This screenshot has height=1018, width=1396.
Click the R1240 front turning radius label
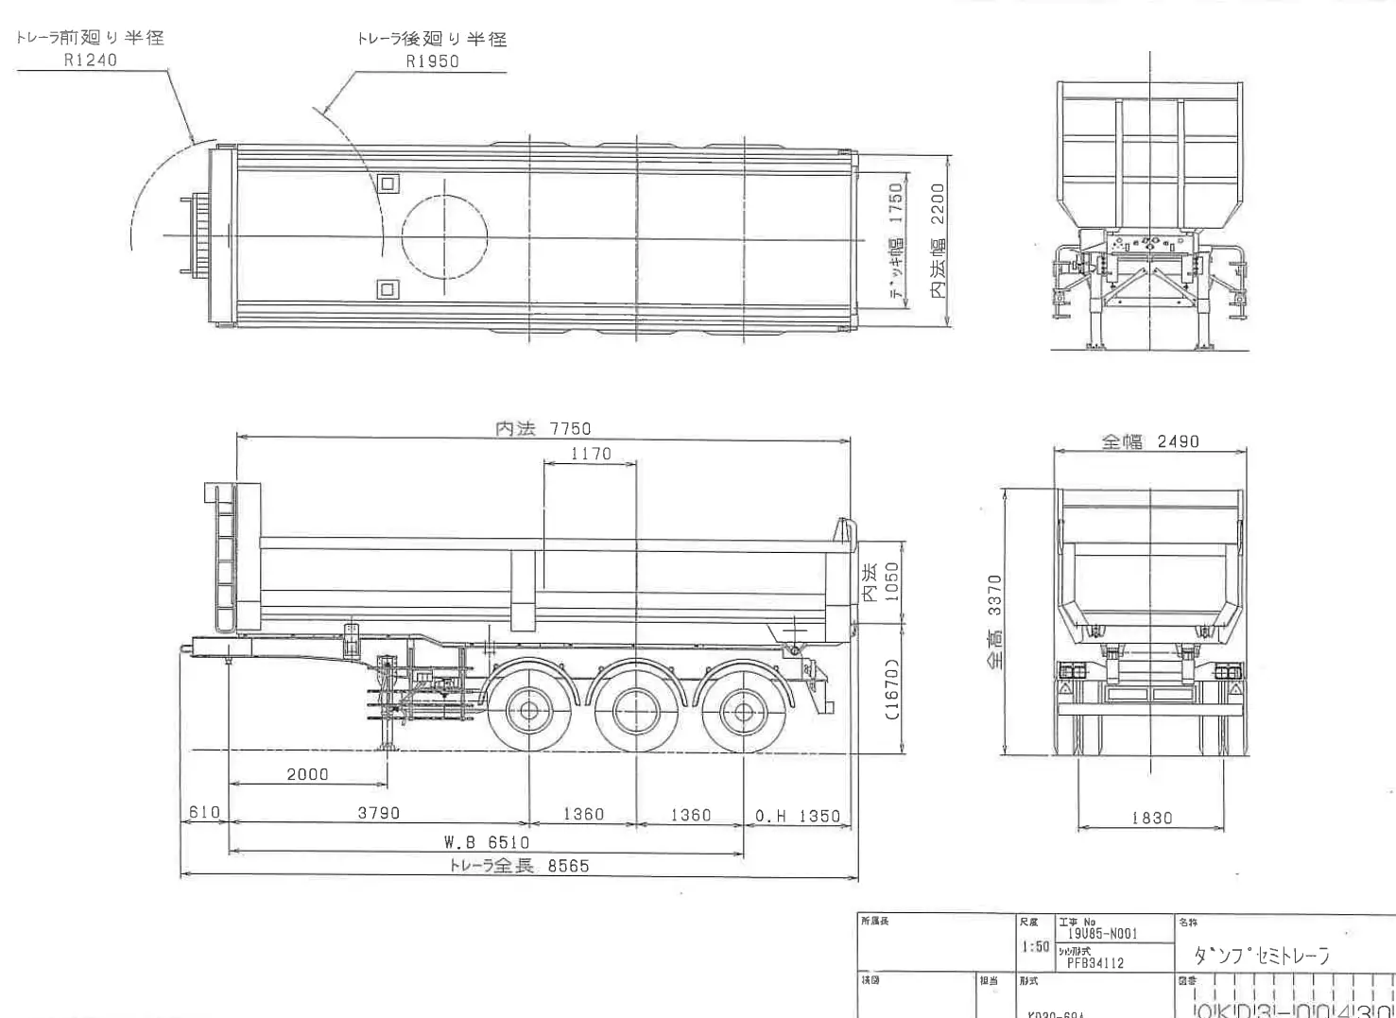pos(91,60)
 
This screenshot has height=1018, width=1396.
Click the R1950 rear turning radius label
pos(433,61)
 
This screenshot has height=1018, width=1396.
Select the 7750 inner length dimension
pos(571,429)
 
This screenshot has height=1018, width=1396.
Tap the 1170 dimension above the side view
pos(591,455)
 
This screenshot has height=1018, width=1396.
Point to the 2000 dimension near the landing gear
pos(307,775)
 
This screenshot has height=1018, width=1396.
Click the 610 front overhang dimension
pos(204,813)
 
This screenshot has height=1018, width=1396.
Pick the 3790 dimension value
pos(378,813)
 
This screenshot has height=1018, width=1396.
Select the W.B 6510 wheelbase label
pos(487,842)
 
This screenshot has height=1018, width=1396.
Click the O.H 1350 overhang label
pos(798,816)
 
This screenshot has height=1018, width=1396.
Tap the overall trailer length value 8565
pos(568,866)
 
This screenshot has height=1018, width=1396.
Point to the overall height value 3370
pos(994,595)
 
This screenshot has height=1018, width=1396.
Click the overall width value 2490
pos(1178,441)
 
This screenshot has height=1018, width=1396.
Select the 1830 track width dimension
pos(1151,818)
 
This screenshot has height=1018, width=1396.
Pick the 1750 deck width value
pos(896,203)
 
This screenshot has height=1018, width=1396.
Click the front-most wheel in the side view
pos(529,711)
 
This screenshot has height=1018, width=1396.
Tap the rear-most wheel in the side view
pos(743,712)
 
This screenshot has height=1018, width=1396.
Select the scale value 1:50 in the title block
pos(1035,946)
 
